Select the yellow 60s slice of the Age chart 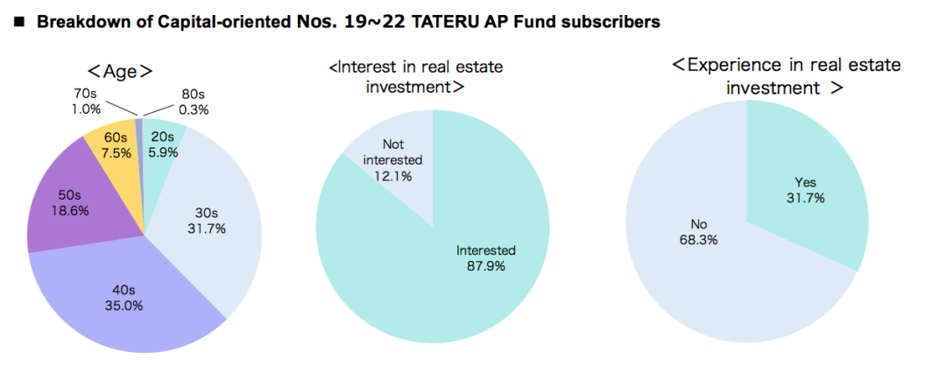[x=115, y=151]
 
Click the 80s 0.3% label [x=194, y=102]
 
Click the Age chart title [x=120, y=71]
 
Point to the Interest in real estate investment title [x=416, y=76]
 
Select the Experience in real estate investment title [x=786, y=75]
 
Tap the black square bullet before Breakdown [x=18, y=23]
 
